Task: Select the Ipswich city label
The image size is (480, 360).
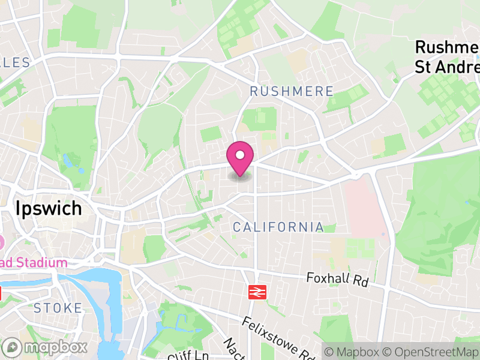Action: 49,209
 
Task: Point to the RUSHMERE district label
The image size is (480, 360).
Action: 292,91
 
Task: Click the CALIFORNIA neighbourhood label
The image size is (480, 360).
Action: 278,227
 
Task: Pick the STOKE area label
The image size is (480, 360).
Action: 58,308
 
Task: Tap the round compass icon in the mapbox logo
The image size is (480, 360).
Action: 12,347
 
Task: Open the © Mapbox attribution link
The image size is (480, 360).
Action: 354,352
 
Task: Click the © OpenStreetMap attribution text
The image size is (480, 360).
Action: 430,352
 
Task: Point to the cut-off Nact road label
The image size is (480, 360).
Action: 231,348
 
